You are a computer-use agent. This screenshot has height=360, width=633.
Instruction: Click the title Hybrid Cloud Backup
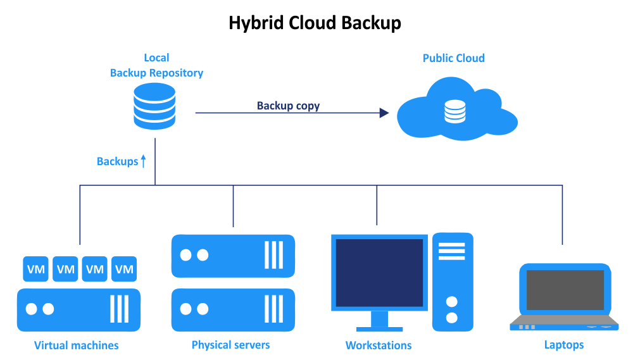pos(315,23)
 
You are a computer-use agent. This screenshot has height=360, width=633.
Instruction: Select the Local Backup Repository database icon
pos(154,106)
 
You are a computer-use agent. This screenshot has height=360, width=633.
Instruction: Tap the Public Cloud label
pos(453,58)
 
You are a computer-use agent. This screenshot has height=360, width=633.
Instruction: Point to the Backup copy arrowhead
pos(384,113)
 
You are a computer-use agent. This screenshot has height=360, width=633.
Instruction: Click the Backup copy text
pos(288,106)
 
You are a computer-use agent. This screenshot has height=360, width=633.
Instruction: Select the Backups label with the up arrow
pos(121,161)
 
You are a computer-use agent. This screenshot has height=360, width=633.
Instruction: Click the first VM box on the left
pos(36,269)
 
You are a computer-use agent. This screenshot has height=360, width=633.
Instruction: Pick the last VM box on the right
pos(124,269)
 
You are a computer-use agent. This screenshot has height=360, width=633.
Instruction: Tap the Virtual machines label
pos(76,345)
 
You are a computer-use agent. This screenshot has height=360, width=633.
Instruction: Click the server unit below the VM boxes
pos(78,309)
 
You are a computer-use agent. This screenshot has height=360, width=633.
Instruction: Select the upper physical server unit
pos(233,256)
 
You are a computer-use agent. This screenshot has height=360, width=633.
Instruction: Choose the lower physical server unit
pos(233,309)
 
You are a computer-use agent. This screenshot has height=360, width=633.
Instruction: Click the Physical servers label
pos(230,345)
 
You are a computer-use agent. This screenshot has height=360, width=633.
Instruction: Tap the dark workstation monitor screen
pos(379,272)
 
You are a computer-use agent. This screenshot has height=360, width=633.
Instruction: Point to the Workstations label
pos(379,345)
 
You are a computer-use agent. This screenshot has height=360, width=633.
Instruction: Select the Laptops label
pos(564,345)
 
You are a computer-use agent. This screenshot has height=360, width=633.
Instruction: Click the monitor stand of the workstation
pos(379,321)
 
